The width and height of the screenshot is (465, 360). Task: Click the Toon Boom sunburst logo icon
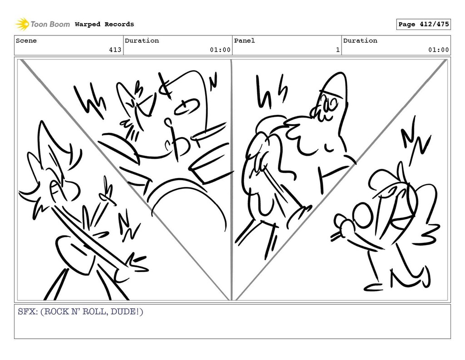22,24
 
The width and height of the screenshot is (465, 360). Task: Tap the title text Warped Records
104,25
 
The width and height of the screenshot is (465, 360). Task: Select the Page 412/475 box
424,25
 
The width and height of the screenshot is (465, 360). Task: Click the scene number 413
115,50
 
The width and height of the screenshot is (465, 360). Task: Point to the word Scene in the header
26,40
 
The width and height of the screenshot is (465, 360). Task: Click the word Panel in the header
244,40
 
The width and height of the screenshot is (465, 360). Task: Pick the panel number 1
338,50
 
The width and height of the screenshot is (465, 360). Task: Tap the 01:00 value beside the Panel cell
438,50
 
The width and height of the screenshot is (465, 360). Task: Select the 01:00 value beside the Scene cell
220,50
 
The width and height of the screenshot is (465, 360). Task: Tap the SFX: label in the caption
28,312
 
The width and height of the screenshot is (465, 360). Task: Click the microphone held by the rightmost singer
341,228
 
